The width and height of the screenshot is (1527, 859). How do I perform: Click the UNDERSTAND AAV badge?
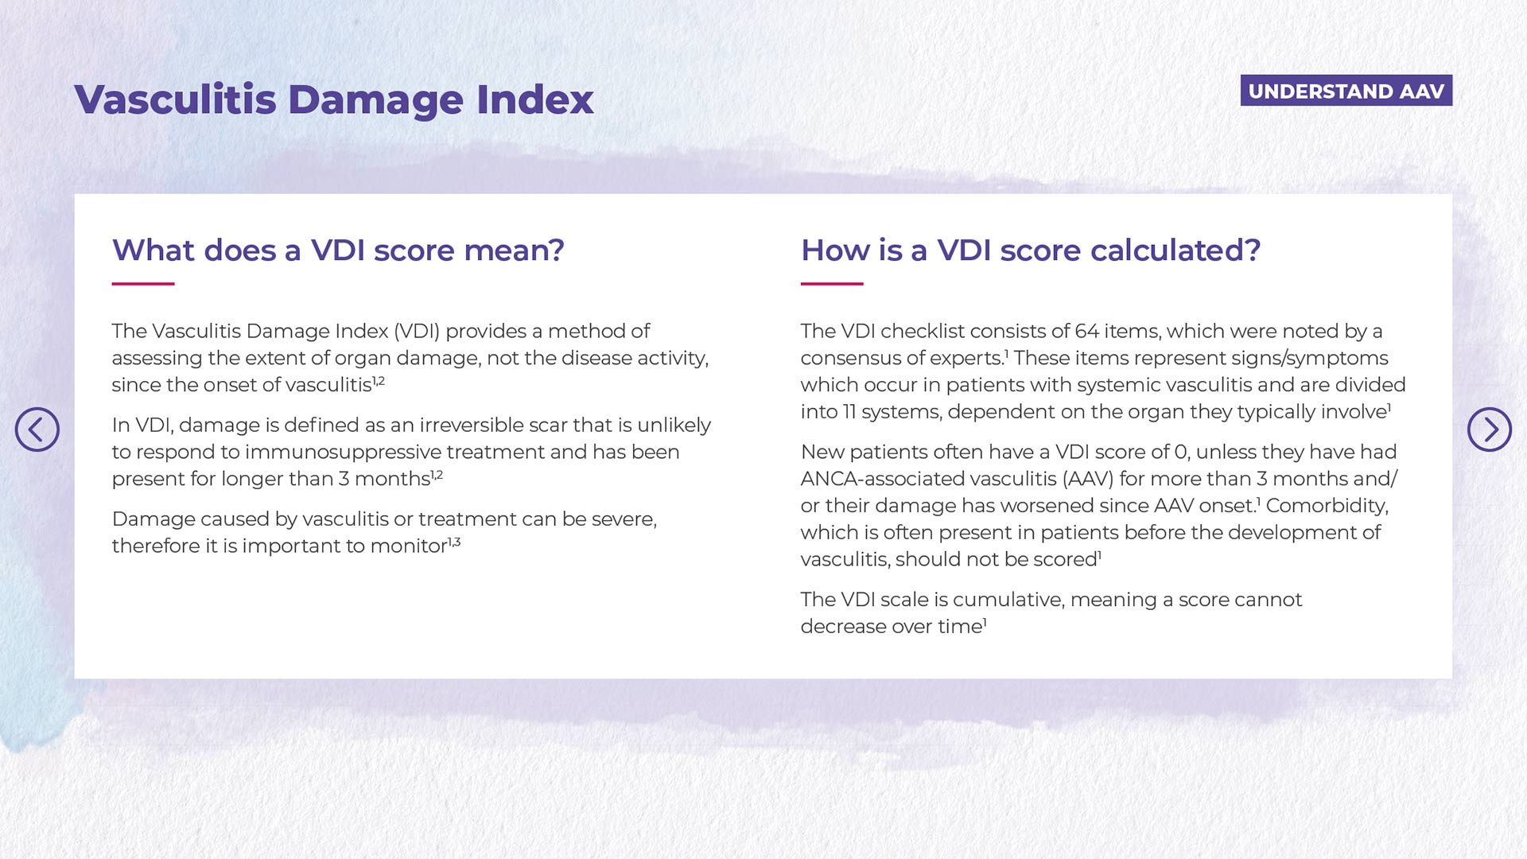click(x=1346, y=91)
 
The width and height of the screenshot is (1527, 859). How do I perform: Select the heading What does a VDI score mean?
click(x=338, y=250)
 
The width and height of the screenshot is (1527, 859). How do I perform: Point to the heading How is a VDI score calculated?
click(x=1031, y=250)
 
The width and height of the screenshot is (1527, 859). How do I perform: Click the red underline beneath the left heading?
click(x=143, y=283)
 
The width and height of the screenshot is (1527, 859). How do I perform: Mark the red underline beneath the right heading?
click(x=832, y=283)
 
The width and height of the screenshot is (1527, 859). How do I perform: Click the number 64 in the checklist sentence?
click(x=1086, y=331)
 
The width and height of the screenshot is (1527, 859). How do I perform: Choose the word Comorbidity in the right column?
click(x=1327, y=506)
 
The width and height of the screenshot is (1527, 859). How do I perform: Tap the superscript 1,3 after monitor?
click(x=454, y=542)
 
